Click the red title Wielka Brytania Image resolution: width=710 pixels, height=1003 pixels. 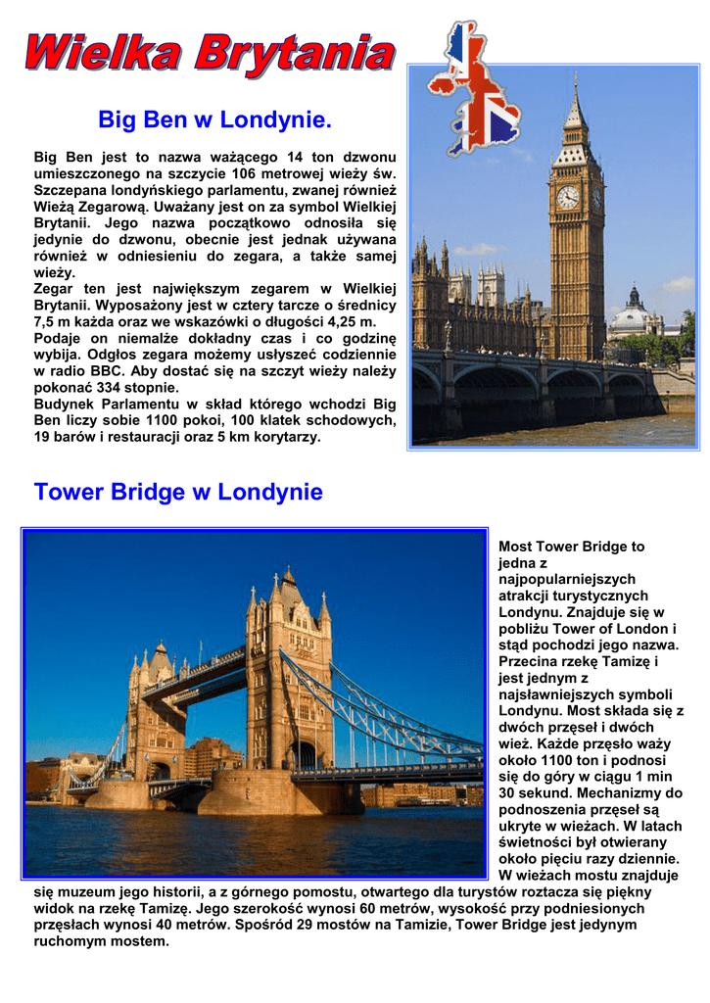tap(210, 53)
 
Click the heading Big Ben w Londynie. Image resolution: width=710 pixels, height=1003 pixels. tap(214, 120)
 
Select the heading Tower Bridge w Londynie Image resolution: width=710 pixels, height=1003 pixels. tap(178, 492)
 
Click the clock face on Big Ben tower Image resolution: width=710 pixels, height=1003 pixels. tap(568, 197)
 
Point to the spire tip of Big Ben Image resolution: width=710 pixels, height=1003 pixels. tap(576, 77)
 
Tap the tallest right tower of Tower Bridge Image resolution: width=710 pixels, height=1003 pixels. tap(290, 666)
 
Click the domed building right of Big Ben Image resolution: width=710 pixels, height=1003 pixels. tap(635, 316)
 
